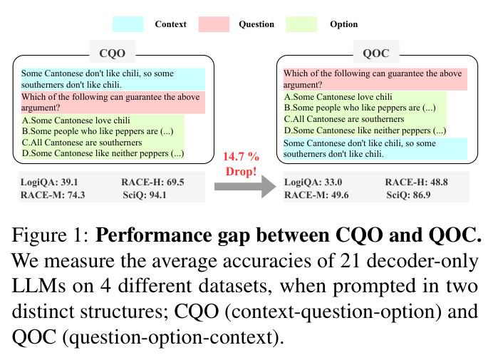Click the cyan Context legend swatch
(128, 24)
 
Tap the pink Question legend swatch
(214, 24)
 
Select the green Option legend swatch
(301, 24)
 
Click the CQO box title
(113, 53)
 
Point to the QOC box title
(376, 53)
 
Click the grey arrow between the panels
(245, 187)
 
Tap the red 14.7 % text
(241, 156)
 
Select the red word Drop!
(241, 172)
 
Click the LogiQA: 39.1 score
(49, 182)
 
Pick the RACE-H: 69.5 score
(152, 182)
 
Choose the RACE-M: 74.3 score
(53, 195)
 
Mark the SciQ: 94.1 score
(145, 195)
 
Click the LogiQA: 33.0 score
(313, 182)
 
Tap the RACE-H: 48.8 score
(417, 182)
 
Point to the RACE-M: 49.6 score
(316, 195)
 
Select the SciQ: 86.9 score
(408, 195)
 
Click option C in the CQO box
(82, 143)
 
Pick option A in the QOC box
(338, 97)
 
